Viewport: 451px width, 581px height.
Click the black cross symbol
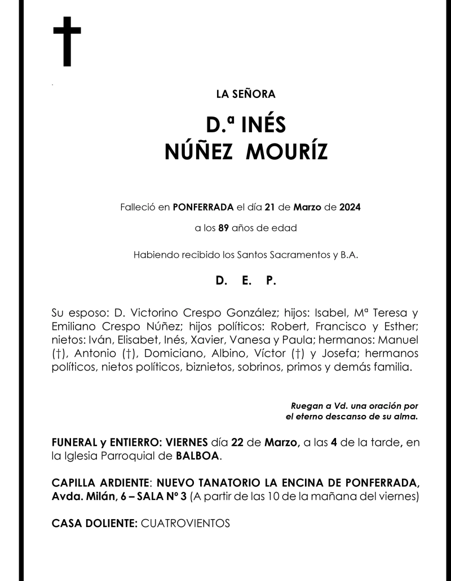[67, 42]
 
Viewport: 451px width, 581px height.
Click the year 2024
[350, 207]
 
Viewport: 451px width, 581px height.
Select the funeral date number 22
[238, 443]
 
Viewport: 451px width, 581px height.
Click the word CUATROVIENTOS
[186, 523]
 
